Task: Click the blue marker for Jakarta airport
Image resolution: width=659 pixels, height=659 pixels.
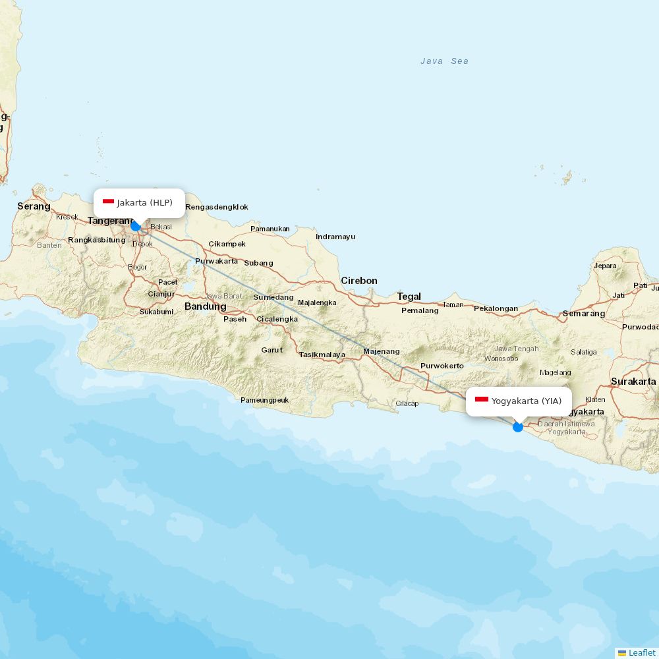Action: pyautogui.click(x=136, y=226)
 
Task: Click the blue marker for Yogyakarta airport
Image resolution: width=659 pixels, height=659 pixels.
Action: pyautogui.click(x=518, y=427)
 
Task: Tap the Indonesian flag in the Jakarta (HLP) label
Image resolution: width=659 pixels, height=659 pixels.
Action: pyautogui.click(x=109, y=202)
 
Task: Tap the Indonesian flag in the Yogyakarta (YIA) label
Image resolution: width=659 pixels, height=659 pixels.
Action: pyautogui.click(x=482, y=400)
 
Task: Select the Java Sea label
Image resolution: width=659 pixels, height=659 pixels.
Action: pyautogui.click(x=445, y=61)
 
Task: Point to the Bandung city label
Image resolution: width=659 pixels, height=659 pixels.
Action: pyautogui.click(x=205, y=306)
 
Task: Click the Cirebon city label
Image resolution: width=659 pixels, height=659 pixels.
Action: pyautogui.click(x=359, y=281)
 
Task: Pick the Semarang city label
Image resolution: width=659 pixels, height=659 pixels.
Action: pyautogui.click(x=583, y=314)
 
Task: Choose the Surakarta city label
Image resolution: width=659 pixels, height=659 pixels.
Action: pyautogui.click(x=633, y=382)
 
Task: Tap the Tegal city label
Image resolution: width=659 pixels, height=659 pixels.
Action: pyautogui.click(x=409, y=297)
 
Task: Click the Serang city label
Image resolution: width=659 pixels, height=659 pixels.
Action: pyautogui.click(x=34, y=206)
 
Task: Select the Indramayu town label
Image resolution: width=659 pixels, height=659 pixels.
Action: pyautogui.click(x=335, y=237)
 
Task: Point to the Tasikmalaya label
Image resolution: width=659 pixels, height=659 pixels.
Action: pyautogui.click(x=322, y=355)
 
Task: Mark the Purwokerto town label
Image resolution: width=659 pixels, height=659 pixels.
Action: pyautogui.click(x=442, y=366)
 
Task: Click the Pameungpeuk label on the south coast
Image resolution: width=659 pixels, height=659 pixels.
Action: pyautogui.click(x=264, y=400)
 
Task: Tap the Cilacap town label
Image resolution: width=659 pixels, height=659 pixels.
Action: pyautogui.click(x=407, y=403)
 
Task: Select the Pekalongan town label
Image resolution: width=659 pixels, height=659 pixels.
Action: pyautogui.click(x=496, y=308)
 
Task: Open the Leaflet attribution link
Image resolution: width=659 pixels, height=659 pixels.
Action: pyautogui.click(x=641, y=652)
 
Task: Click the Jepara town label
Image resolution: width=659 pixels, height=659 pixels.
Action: pyautogui.click(x=605, y=266)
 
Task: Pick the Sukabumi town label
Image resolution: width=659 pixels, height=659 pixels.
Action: pyautogui.click(x=156, y=312)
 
